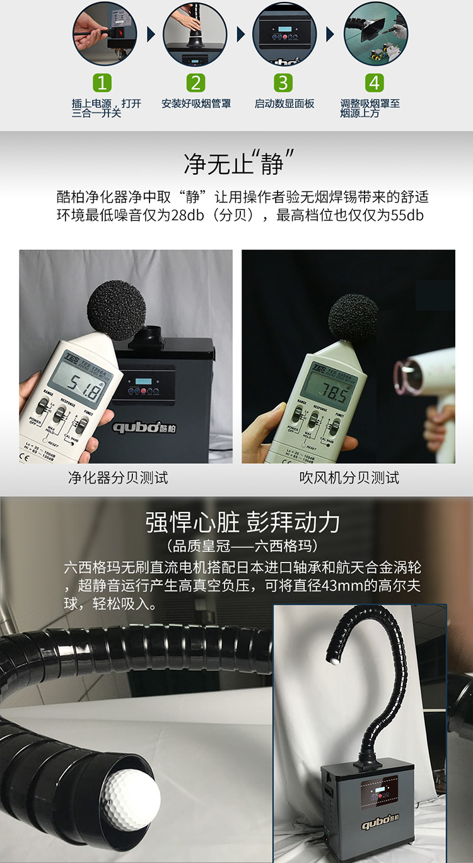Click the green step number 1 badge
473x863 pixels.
click(x=103, y=83)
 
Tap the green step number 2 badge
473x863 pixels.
click(x=196, y=83)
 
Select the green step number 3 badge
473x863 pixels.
click(x=283, y=83)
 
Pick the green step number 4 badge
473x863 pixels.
click(x=375, y=83)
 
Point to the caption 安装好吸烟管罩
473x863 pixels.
click(x=196, y=104)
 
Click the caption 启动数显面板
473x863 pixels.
click(x=284, y=104)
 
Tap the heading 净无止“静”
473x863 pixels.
click(x=240, y=163)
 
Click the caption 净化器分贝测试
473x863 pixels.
click(x=118, y=478)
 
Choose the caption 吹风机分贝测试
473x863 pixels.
click(x=349, y=478)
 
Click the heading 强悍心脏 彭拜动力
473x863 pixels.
click(x=243, y=523)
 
